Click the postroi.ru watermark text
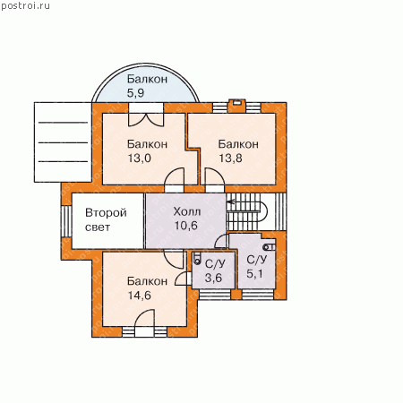point(25,6)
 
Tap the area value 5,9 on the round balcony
point(135,93)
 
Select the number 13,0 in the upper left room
point(140,158)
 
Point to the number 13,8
point(230,158)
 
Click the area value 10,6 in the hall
point(185,226)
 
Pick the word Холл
point(187,211)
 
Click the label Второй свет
point(106,219)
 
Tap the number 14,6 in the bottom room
point(140,296)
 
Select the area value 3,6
point(213,278)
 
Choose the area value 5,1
point(254,273)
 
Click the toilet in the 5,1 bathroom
point(270,247)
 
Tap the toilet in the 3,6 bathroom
point(197,259)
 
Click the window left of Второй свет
point(66,221)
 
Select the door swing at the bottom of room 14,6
point(144,318)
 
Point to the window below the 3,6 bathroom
point(215,295)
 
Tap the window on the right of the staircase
point(280,211)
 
